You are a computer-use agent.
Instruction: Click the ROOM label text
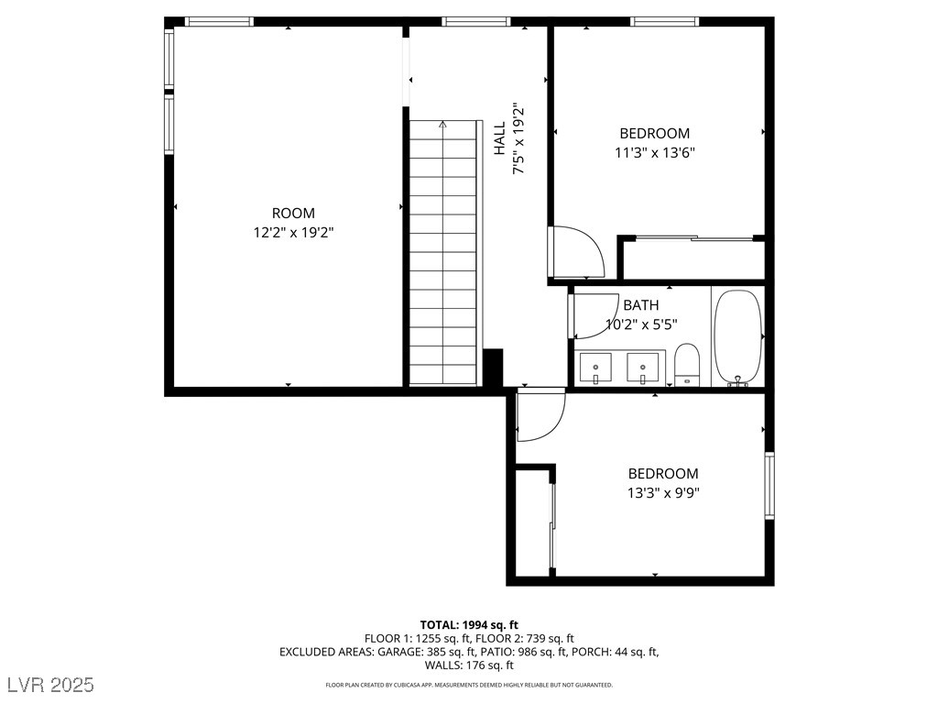tap(293, 213)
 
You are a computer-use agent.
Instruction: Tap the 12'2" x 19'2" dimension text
tap(293, 233)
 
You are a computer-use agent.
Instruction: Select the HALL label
tap(500, 138)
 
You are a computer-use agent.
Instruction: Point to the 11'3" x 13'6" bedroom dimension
tap(654, 153)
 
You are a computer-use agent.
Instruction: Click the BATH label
tap(640, 304)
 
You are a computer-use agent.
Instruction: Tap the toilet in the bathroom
tap(687, 364)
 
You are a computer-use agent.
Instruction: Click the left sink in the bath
tap(597, 367)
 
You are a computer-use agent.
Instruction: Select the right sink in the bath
tap(643, 367)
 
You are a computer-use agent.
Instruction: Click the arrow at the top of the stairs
tap(443, 124)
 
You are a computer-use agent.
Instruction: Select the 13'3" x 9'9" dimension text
tap(662, 492)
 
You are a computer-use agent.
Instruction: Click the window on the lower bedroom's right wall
tap(769, 486)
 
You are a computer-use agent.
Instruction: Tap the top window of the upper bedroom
tap(664, 21)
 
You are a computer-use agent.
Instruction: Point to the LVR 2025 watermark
tap(49, 685)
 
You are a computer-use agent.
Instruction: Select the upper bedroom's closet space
tap(692, 259)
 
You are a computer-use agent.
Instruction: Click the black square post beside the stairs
tap(493, 368)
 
